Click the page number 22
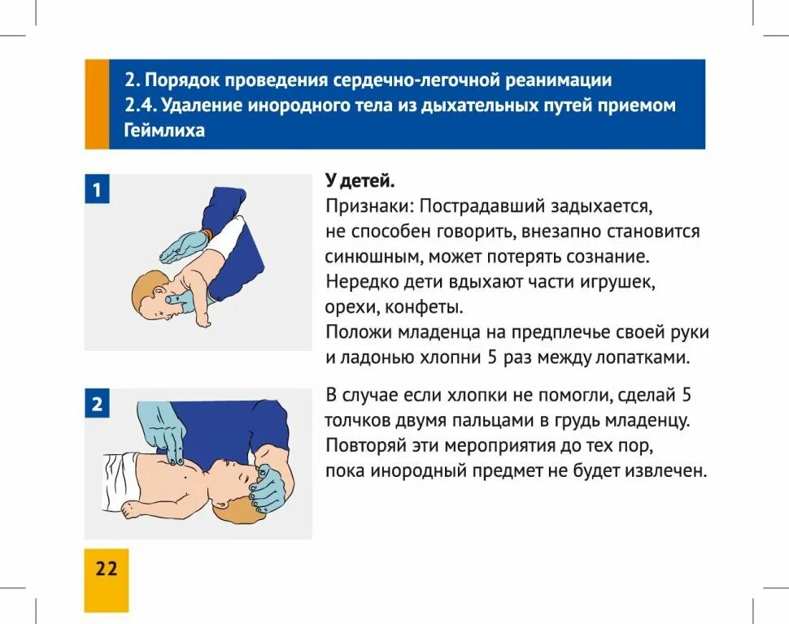pos(107,568)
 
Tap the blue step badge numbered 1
pos(97,191)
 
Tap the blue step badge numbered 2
pos(97,404)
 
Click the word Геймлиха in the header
pos(165,131)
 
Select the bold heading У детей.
pos(360,180)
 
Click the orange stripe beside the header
pos(97,104)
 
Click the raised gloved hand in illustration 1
pos(183,246)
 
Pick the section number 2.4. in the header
pos(141,106)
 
